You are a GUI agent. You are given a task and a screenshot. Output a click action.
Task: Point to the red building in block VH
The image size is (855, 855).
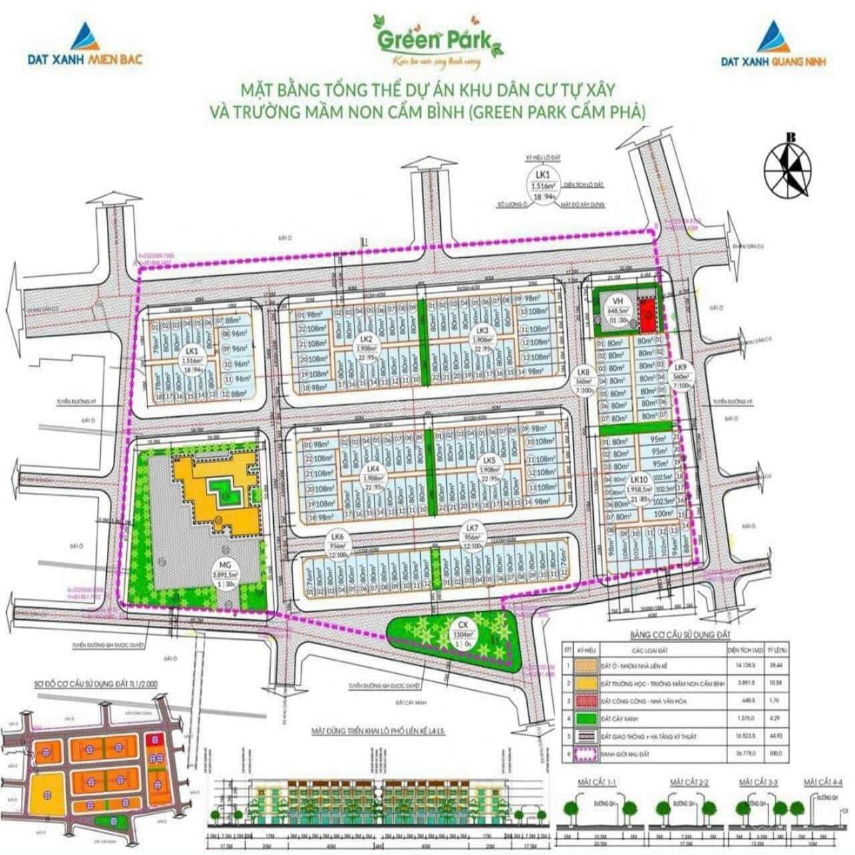pyautogui.click(x=646, y=315)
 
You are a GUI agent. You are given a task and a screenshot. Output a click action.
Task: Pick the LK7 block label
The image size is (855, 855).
pyautogui.click(x=472, y=531)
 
